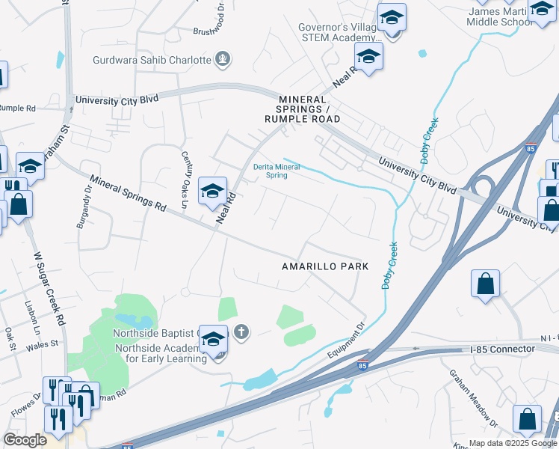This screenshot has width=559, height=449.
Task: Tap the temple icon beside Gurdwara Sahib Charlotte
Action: point(222,58)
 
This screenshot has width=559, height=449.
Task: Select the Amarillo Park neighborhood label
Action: point(325,266)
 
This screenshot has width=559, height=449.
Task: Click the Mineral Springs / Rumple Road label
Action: point(303,109)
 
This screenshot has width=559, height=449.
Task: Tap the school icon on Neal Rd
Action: point(213,192)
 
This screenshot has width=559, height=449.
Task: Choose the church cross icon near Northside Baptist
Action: point(241,332)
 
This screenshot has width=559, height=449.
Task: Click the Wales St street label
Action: point(44,344)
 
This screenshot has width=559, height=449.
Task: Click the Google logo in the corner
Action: point(25,440)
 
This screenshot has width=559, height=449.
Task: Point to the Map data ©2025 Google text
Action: point(512,443)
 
